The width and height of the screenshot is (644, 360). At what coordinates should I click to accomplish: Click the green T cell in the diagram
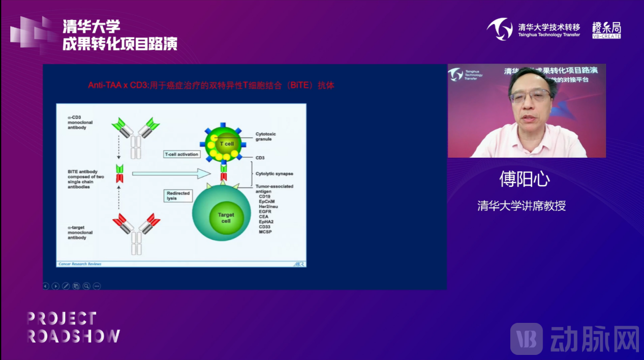tap(224, 144)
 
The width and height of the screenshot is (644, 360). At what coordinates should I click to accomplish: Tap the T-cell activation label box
tap(181, 154)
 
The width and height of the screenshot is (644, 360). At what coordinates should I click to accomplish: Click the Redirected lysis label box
tap(178, 196)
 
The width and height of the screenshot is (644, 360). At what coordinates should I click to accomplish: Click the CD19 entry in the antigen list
tap(264, 196)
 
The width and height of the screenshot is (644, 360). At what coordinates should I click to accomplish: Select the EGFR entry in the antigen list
tap(265, 212)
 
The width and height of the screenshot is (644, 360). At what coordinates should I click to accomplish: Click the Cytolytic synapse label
tap(274, 174)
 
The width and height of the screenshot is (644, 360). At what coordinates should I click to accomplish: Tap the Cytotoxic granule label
tap(265, 136)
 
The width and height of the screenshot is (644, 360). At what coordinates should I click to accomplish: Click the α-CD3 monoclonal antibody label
tap(77, 122)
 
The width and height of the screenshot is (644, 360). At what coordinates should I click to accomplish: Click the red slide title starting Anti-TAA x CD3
tap(211, 85)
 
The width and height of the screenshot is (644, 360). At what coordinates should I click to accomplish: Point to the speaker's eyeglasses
tap(530, 95)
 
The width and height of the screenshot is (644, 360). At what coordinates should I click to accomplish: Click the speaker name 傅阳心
tap(525, 179)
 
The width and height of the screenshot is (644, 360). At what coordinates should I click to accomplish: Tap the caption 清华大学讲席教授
tap(522, 206)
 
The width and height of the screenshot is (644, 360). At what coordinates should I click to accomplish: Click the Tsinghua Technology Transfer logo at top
tap(533, 29)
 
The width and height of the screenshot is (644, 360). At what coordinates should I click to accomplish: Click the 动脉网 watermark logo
tap(574, 338)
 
